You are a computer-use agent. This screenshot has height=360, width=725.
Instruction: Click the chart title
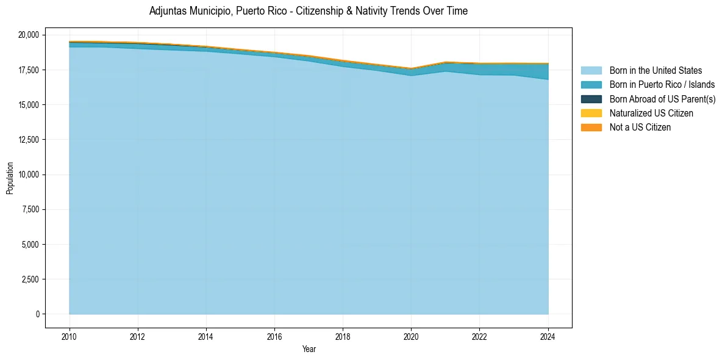pos(308,11)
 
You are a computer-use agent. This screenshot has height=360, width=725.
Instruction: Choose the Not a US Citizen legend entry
pos(640,128)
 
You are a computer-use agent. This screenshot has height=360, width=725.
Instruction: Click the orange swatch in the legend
pos(591,128)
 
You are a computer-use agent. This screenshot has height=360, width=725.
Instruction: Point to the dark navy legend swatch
pos(591,99)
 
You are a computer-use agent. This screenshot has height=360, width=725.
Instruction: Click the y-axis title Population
pos(10,178)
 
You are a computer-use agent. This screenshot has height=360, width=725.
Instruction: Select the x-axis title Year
pos(309,349)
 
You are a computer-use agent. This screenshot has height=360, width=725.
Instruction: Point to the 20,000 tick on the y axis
pos(29,35)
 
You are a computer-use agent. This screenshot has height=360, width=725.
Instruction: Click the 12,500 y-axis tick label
pos(29,140)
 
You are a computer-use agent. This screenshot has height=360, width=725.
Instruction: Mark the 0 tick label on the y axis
pos(37,314)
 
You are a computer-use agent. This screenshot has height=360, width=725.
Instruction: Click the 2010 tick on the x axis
pos(70,335)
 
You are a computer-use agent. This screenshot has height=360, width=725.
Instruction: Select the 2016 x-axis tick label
pos(274,335)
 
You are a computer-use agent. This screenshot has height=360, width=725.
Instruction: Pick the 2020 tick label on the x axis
pos(411,335)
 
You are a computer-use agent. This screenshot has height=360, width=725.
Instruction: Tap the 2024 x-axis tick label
pos(548,335)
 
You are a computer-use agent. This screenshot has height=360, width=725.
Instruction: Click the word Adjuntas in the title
pos(166,11)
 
